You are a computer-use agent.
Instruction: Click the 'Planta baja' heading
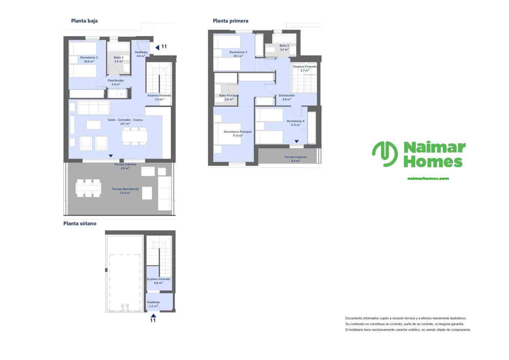[x=84, y=21]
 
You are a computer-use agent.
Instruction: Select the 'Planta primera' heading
[x=231, y=21]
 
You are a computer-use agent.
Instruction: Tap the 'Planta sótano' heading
[x=80, y=223]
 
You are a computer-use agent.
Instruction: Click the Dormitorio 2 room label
[x=89, y=59]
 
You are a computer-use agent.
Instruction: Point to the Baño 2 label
[x=118, y=59]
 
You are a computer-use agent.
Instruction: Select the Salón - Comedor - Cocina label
[x=125, y=121]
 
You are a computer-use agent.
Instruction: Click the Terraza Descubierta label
[x=125, y=191]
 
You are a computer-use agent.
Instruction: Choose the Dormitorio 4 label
[x=295, y=123]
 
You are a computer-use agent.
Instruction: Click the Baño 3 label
[x=284, y=47]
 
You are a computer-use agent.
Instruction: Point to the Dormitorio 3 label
[x=238, y=54]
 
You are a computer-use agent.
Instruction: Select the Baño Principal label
[x=229, y=97]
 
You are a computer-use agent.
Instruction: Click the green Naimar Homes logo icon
[x=385, y=154]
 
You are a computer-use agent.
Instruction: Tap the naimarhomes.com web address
[x=428, y=178]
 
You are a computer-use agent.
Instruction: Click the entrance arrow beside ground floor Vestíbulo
[x=157, y=47]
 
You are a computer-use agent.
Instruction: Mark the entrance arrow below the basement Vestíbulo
[x=153, y=315]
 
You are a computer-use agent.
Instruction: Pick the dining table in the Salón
[x=135, y=135]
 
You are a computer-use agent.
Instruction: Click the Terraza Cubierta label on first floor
[x=295, y=159]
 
